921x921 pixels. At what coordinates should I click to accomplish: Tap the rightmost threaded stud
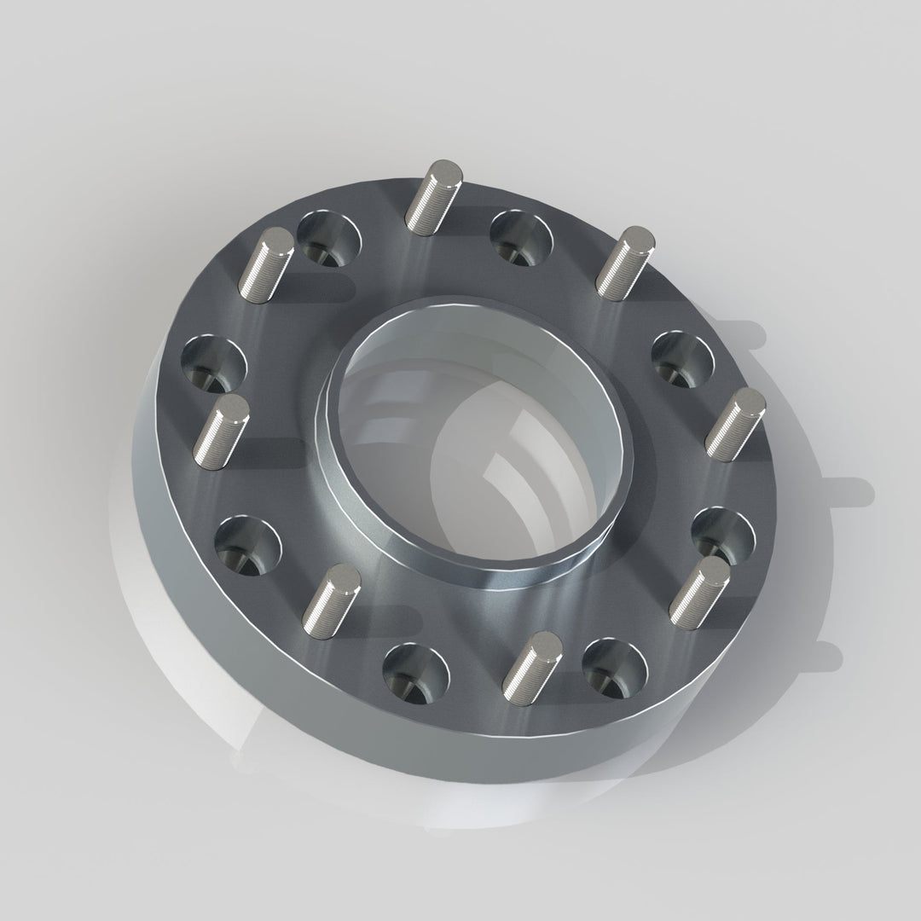[734, 424]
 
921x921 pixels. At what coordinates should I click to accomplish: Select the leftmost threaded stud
[220, 431]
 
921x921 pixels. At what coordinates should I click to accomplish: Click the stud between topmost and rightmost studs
[624, 263]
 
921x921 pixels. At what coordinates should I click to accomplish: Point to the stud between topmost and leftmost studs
[264, 264]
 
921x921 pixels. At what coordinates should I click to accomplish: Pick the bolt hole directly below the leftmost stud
[246, 544]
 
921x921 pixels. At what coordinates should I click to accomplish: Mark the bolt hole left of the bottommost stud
[416, 670]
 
